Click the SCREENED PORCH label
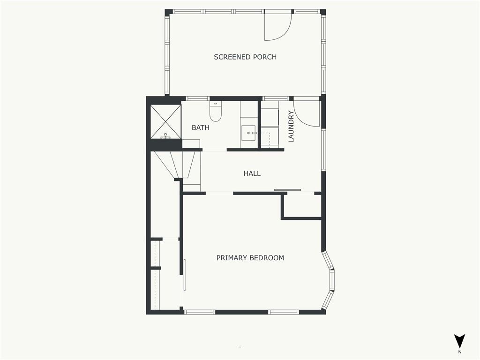245,57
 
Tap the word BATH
201,127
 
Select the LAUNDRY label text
291,127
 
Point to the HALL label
252,173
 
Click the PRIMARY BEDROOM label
250,258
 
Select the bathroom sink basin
249,133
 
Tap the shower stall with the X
165,121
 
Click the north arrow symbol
459,341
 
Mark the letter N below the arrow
459,352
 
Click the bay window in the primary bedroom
329,280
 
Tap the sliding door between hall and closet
287,190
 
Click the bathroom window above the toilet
197,98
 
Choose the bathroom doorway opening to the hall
214,150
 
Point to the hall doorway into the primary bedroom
219,193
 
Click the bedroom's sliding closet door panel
185,275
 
